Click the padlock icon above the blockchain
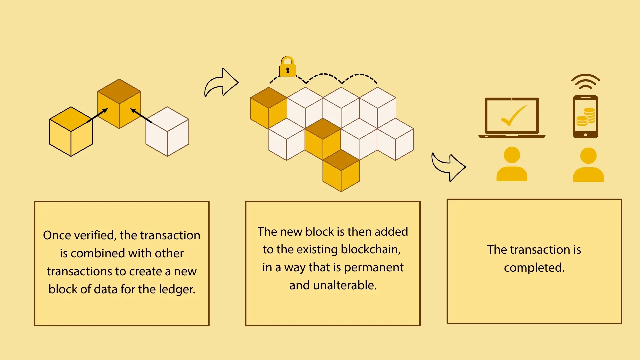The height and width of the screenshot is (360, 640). [287, 67]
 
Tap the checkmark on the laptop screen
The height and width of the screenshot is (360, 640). [513, 116]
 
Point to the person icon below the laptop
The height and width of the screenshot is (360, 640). [512, 164]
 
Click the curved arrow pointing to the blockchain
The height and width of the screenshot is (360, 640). [221, 83]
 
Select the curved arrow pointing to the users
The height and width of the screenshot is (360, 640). [448, 166]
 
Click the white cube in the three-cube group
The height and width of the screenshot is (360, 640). [167, 131]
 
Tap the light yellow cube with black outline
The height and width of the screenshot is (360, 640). [71, 131]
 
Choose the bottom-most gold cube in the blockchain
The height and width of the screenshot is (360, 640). [341, 171]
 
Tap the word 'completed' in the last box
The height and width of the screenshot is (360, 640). [534, 268]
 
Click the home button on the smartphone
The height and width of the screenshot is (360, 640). [585, 135]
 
